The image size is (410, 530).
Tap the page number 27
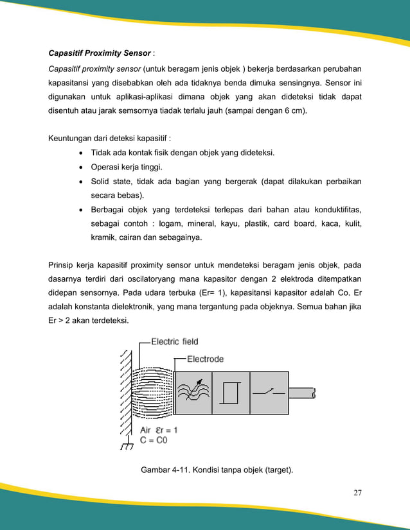pyautogui.click(x=357, y=493)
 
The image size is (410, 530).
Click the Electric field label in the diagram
pyautogui.click(x=175, y=341)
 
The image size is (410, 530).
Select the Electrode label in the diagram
pyautogui.click(x=205, y=359)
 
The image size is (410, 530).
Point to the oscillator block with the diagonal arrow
pyautogui.click(x=193, y=393)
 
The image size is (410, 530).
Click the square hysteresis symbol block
pyautogui.click(x=230, y=393)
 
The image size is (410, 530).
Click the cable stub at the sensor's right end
pyautogui.click(x=302, y=393)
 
